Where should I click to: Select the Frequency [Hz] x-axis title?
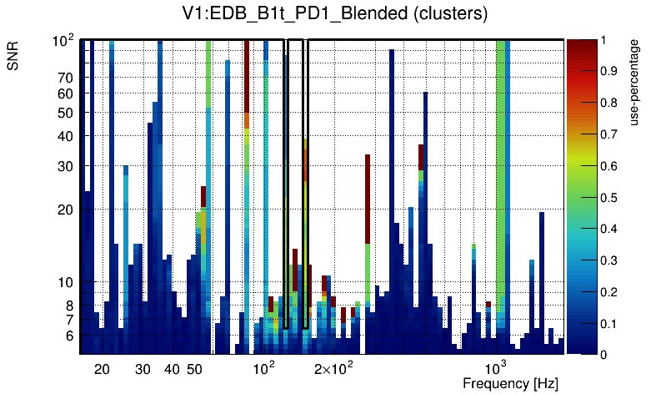pos(510,383)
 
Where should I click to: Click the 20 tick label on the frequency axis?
pos(102,369)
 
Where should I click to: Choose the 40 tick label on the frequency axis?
pos(172,369)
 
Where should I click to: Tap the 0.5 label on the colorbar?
pos(609,198)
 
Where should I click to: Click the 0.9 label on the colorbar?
pos(609,71)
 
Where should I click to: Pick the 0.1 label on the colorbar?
pos(609,323)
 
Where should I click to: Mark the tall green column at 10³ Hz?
pos(502,167)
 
